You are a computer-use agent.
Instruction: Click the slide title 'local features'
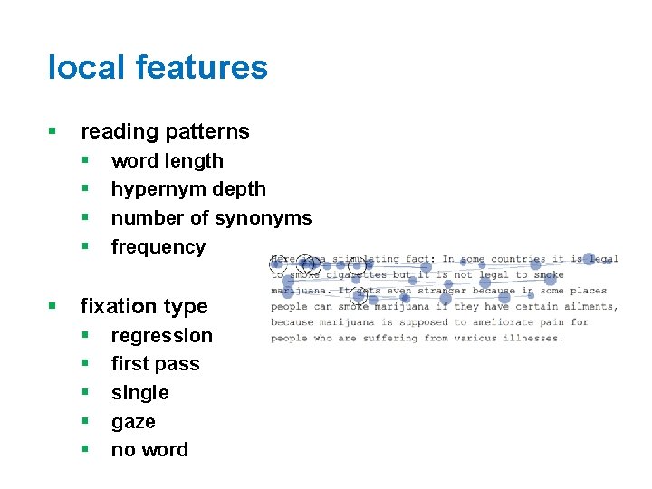[x=158, y=68]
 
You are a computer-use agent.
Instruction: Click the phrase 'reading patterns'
[x=165, y=131]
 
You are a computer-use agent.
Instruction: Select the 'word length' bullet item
[x=167, y=161]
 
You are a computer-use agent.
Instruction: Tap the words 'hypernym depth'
[x=188, y=189]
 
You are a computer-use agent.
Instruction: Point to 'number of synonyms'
[x=211, y=218]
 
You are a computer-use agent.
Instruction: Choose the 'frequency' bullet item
[x=158, y=247]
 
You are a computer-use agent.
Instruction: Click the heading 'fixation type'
[x=144, y=306]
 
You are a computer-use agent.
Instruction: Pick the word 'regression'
[x=161, y=336]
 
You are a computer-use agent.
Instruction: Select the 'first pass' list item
[x=155, y=364]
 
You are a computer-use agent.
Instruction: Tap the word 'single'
[x=139, y=393]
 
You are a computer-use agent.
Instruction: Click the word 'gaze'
[x=133, y=422]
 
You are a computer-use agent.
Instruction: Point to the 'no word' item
[x=149, y=450]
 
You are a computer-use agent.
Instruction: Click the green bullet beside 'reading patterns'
[x=53, y=132]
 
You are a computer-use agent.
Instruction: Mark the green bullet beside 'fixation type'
[x=53, y=307]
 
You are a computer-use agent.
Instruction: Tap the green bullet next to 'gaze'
[x=84, y=422]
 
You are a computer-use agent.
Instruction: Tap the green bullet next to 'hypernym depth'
[x=84, y=189]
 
